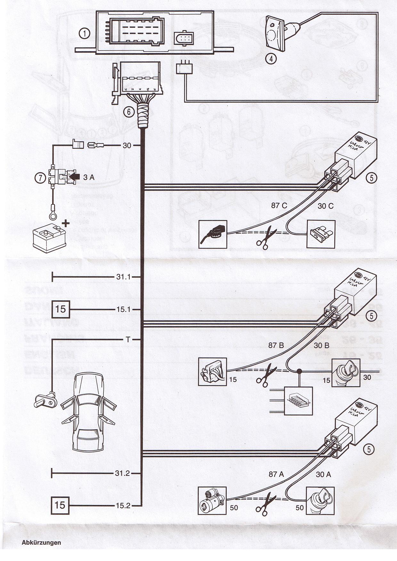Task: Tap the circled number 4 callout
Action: (x=271, y=59)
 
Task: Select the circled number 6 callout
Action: (x=129, y=112)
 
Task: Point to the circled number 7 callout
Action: (x=40, y=178)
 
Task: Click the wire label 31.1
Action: (x=123, y=277)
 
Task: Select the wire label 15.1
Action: (x=123, y=310)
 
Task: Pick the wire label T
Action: (x=128, y=340)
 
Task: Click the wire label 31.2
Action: (x=122, y=473)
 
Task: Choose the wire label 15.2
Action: (x=123, y=506)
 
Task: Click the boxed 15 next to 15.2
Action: (x=60, y=505)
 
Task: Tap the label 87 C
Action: (x=279, y=206)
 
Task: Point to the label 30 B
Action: (x=321, y=345)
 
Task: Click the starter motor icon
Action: (x=212, y=501)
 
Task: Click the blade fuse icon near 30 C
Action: (x=321, y=234)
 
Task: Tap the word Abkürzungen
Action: (x=41, y=542)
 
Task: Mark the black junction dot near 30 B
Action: (x=300, y=371)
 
